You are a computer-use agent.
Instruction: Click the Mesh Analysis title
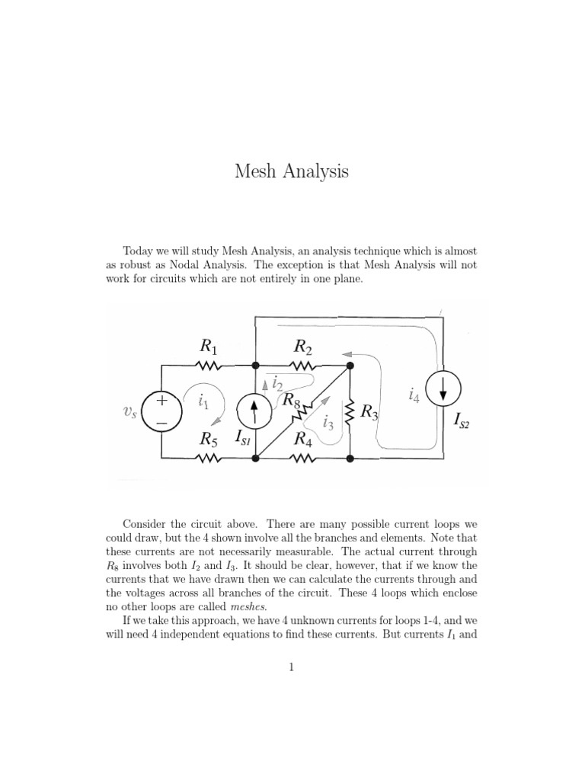click(292, 171)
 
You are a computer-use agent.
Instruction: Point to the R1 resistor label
click(209, 347)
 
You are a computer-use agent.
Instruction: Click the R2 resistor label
click(303, 347)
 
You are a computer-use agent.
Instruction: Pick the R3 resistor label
click(369, 412)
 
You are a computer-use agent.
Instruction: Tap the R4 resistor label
click(303, 439)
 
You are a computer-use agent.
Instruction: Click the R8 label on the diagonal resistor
click(292, 400)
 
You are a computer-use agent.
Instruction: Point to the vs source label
click(130, 412)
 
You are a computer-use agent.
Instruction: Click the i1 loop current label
click(203, 401)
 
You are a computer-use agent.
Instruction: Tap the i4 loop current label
click(414, 395)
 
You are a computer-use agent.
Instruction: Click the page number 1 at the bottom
click(292, 667)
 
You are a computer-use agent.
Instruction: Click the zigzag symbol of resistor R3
click(350, 412)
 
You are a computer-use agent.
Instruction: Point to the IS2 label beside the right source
click(462, 420)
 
